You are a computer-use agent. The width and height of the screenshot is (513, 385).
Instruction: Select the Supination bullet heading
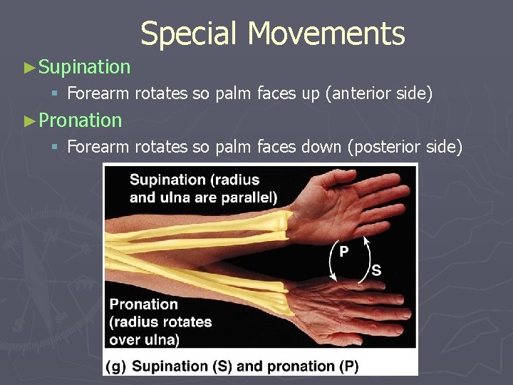click(x=85, y=67)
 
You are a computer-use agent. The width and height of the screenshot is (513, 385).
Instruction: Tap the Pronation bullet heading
click(x=81, y=120)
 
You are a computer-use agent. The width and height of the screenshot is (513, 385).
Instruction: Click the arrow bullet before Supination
click(x=29, y=68)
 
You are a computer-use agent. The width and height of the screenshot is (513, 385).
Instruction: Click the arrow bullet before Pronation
click(x=29, y=120)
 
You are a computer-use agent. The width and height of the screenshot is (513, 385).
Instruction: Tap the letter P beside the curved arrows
click(x=343, y=252)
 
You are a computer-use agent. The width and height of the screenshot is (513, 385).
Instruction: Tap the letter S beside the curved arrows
click(x=376, y=271)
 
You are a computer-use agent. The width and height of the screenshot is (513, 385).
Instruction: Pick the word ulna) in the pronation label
click(x=162, y=339)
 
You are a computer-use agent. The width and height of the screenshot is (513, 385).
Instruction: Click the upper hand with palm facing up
click(x=349, y=203)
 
